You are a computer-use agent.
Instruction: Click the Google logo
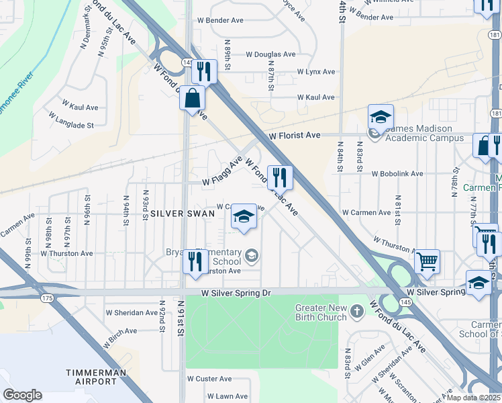(x=22, y=395)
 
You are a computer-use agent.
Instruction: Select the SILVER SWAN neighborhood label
(x=183, y=213)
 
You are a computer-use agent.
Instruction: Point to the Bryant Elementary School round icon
(x=252, y=255)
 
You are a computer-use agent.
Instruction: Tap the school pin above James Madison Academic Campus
(x=380, y=117)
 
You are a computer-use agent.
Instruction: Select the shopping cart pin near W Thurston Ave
(x=428, y=261)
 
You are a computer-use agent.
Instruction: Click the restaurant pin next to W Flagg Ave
(x=279, y=177)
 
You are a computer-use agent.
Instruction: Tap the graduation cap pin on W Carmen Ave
(x=244, y=217)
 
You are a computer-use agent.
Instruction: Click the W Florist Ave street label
(x=295, y=136)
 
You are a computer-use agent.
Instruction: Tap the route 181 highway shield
(x=495, y=114)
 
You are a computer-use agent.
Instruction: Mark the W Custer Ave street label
(x=212, y=379)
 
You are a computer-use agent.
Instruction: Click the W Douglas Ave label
(x=270, y=54)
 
